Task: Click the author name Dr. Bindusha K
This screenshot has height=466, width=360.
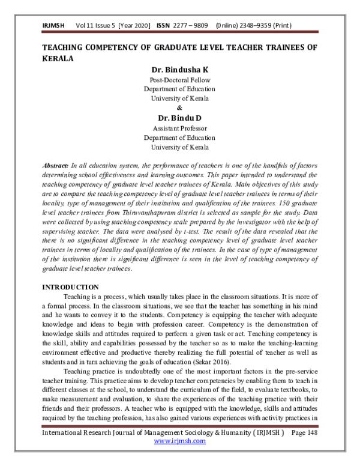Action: pyautogui.click(x=179, y=70)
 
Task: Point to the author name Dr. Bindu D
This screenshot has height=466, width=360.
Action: pyautogui.click(x=179, y=118)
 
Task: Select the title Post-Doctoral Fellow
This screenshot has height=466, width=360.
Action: pyautogui.click(x=179, y=80)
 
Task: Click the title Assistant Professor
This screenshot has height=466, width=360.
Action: pyautogui.click(x=179, y=128)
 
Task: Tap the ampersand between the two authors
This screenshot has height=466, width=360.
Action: pyautogui.click(x=179, y=107)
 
